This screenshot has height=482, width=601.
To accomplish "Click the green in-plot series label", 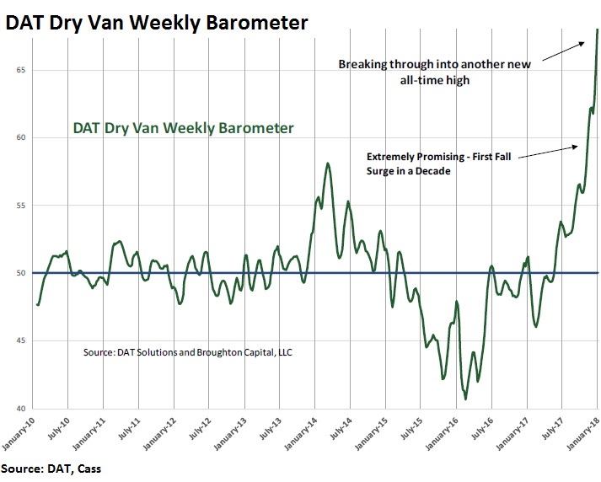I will point(183,128).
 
